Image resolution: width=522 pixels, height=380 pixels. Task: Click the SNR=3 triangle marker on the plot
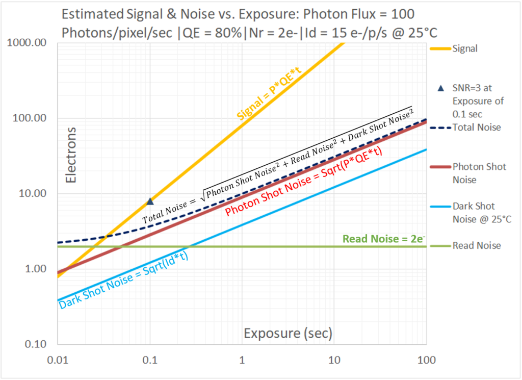(150, 201)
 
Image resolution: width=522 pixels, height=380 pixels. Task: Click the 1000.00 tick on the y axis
(30, 43)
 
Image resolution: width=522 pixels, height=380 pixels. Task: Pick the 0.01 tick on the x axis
(57, 360)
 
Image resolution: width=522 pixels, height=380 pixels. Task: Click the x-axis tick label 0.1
(149, 360)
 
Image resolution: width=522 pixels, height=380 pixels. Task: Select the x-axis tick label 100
(426, 360)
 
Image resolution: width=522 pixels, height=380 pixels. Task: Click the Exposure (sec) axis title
(288, 334)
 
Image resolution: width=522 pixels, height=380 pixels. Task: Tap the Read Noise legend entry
(477, 245)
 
